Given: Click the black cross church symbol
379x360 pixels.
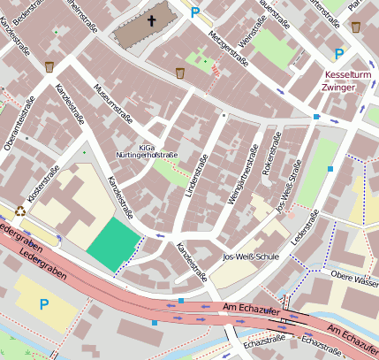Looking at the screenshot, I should tap(151, 21).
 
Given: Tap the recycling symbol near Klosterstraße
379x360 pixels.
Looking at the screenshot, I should tap(19, 211).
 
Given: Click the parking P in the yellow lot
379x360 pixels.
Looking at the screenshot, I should tap(43, 304).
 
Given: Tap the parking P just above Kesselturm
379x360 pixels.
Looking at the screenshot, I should tap(338, 54).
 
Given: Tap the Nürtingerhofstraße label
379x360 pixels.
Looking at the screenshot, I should tap(148, 156).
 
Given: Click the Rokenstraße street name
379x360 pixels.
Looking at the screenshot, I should tap(271, 157).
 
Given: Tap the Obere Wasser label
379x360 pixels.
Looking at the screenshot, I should tap(354, 281).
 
